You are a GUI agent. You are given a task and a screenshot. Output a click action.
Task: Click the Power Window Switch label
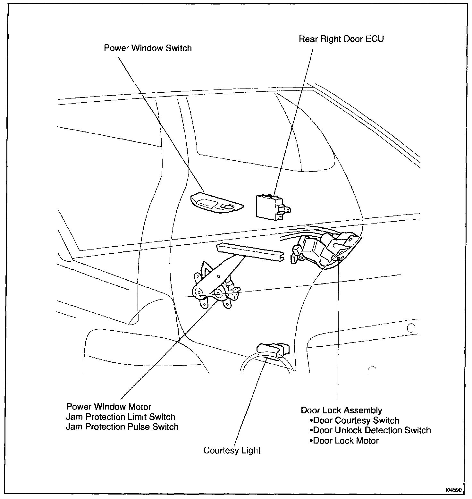[x=148, y=48]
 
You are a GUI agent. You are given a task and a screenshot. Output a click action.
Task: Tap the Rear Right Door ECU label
[x=341, y=39]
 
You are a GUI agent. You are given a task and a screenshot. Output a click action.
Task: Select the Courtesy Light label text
[x=232, y=450]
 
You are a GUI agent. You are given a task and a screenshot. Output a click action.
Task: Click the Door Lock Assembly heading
[x=341, y=410]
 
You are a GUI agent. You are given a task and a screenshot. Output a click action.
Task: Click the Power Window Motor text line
[x=108, y=407]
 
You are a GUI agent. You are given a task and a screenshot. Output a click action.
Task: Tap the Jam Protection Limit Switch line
[x=120, y=417]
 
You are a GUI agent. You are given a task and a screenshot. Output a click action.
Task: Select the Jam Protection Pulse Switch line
[x=122, y=427]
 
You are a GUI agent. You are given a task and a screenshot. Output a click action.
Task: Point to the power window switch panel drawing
[x=216, y=203]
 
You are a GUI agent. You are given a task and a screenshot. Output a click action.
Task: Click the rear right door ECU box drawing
[x=269, y=207]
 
